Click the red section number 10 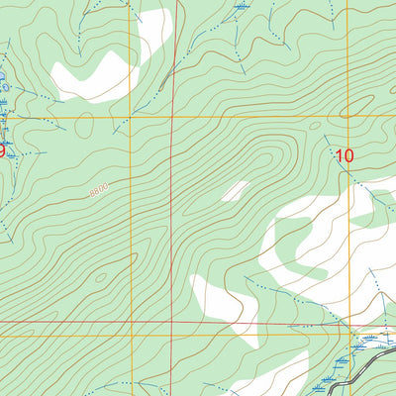[x=344, y=155]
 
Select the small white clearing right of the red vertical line [x=235, y=190]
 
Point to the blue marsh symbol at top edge [x=241, y=8]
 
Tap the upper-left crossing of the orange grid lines [x=129, y=118]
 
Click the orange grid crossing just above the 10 [x=347, y=118]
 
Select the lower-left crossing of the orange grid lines [x=129, y=336]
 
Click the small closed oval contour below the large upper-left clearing [x=85, y=125]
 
